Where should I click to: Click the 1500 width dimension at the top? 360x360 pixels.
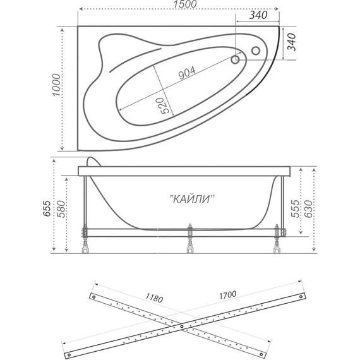click(x=185, y=4)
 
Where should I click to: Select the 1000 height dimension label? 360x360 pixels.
click(x=56, y=85)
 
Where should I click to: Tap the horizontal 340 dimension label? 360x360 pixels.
click(x=258, y=15)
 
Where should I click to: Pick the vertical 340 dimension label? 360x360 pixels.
click(x=292, y=42)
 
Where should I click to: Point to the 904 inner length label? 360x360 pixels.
click(x=187, y=73)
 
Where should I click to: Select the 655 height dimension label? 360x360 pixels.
click(x=47, y=208)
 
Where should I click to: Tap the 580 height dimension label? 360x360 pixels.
click(x=61, y=209)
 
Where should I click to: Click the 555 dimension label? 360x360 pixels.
click(x=295, y=208)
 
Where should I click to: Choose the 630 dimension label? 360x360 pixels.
click(x=308, y=209)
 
